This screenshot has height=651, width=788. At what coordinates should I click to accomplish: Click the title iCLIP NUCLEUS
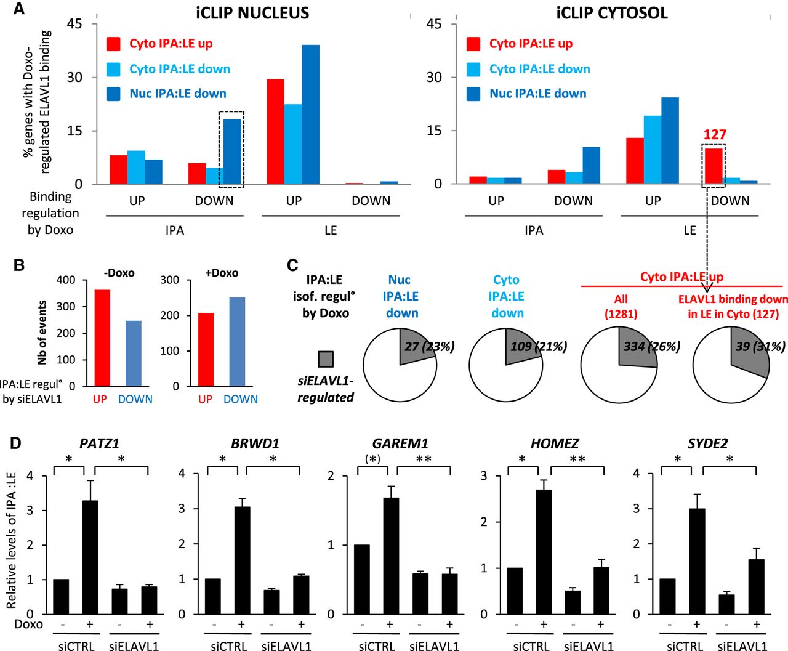[x=252, y=13]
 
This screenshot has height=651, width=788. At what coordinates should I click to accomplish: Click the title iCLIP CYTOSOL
[x=611, y=13]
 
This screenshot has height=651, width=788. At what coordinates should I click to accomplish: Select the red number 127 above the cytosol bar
[x=715, y=134]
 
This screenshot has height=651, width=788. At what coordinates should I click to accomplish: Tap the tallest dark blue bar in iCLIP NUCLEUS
[x=310, y=114]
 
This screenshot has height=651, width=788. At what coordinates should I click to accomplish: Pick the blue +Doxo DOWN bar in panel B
[x=237, y=342]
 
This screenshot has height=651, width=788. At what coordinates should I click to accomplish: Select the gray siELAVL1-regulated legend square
[x=326, y=359]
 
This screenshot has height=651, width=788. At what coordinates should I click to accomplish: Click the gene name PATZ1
[x=99, y=443]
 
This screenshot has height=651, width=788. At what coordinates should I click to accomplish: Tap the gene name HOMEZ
[x=554, y=443]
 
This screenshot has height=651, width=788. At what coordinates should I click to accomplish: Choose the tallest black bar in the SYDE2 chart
[x=697, y=561]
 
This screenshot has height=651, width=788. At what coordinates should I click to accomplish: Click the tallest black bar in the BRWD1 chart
[x=242, y=560]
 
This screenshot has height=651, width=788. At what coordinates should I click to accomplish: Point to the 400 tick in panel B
[x=66, y=280]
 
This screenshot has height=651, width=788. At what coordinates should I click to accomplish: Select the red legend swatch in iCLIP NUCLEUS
[x=113, y=44]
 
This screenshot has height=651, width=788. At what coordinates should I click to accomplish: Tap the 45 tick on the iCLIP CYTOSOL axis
[x=433, y=24]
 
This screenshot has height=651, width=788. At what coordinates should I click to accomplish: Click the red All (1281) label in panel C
[x=621, y=306]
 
